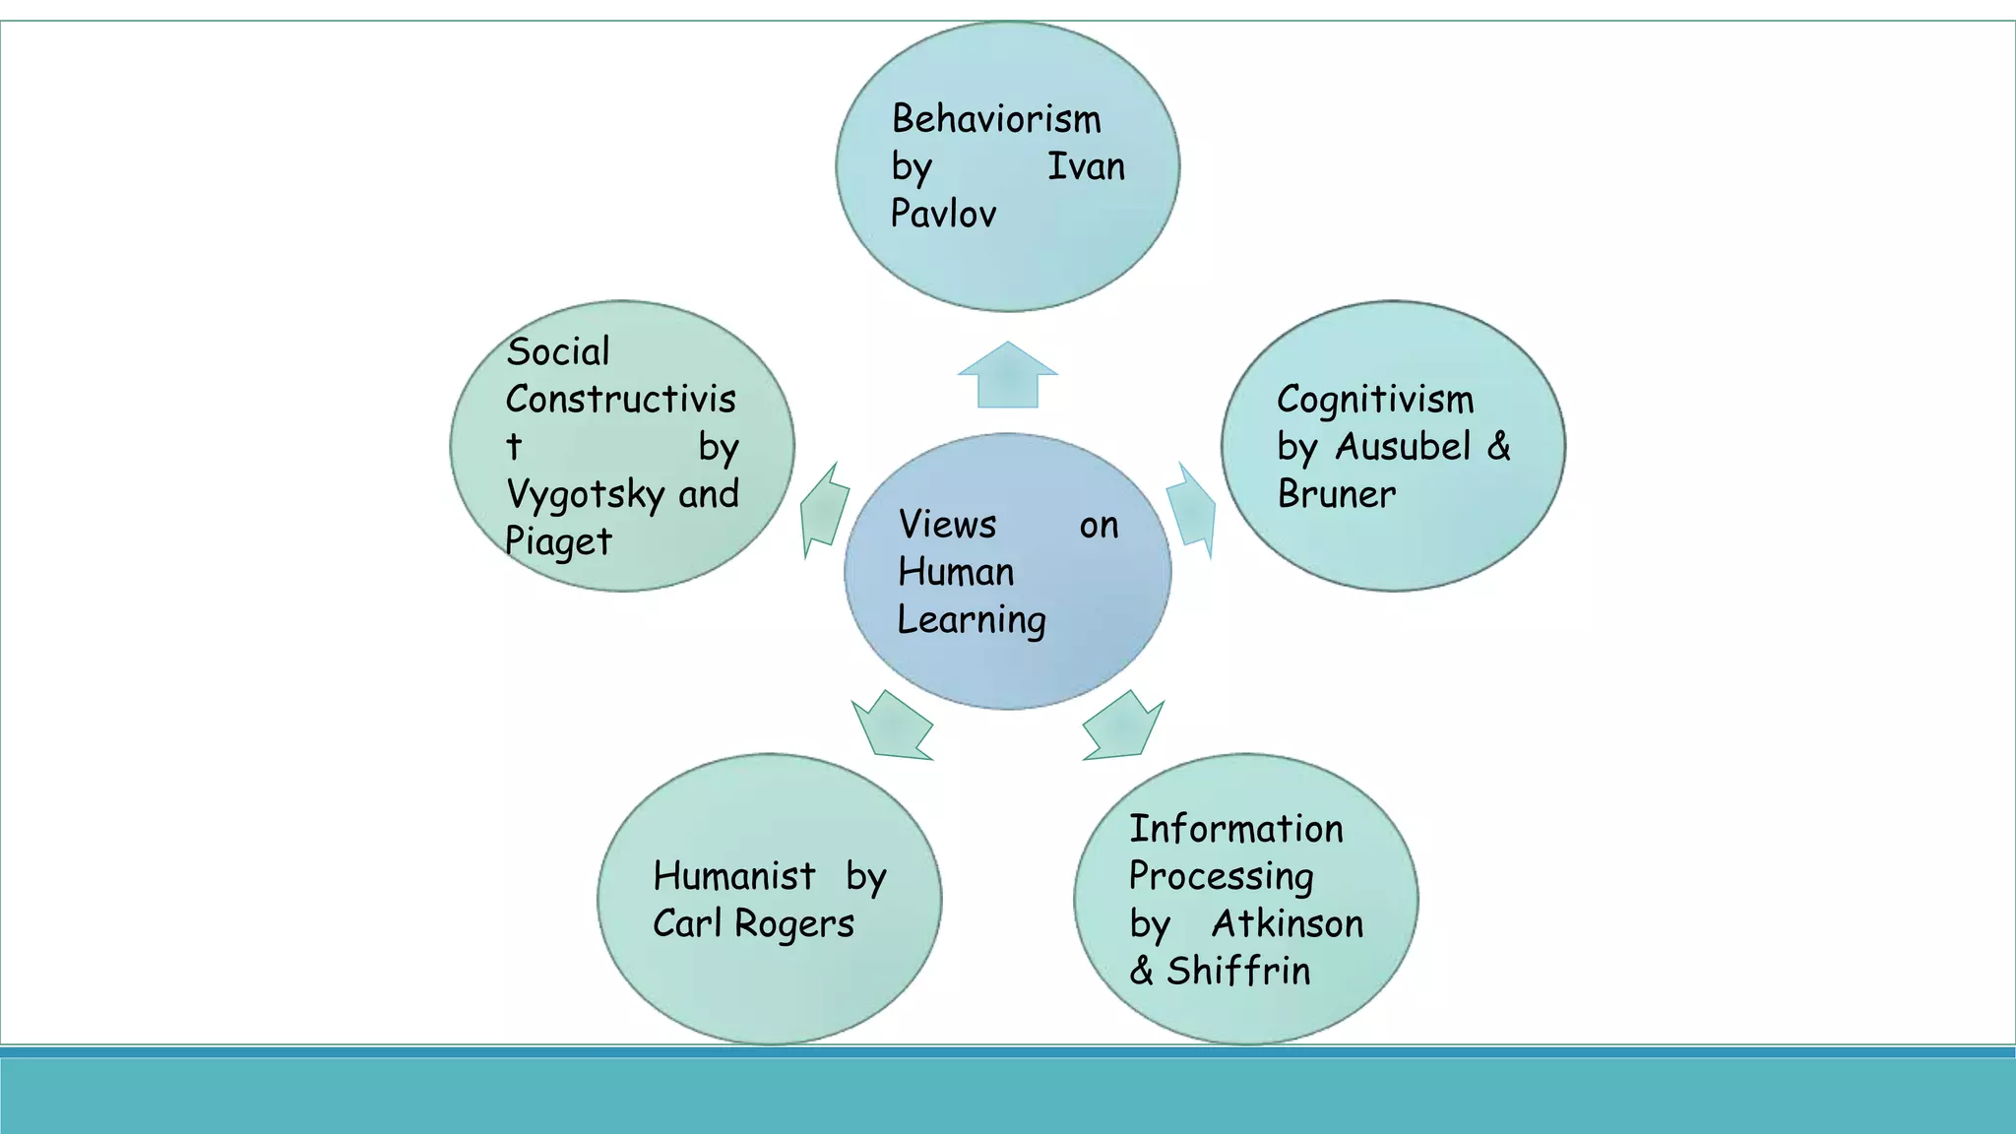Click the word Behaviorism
click(x=996, y=119)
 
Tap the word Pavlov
click(x=943, y=214)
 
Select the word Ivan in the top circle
click(x=1086, y=166)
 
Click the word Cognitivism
click(x=1375, y=400)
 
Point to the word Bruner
click(x=1336, y=494)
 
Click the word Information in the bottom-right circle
click(x=1235, y=829)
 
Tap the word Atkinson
click(x=1288, y=923)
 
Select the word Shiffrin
click(x=1238, y=971)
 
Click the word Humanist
click(x=734, y=876)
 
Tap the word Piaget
click(x=558, y=541)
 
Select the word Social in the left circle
click(x=558, y=351)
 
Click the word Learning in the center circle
click(x=972, y=620)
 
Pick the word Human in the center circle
click(x=956, y=572)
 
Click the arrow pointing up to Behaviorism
click(x=1007, y=377)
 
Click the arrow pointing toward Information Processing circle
click(x=1123, y=726)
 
